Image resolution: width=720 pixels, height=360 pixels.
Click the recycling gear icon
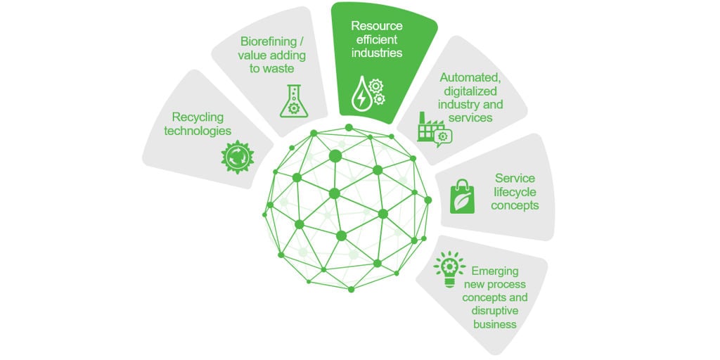[x=238, y=157]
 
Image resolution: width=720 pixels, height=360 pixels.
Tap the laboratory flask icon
[x=294, y=101]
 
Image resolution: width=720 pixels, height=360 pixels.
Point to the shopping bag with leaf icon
[x=463, y=197]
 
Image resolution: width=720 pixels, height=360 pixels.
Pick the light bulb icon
[x=449, y=269]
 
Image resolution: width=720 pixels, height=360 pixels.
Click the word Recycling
[x=198, y=117]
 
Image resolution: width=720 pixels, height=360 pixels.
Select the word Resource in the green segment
[x=377, y=25]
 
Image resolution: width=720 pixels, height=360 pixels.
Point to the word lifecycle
[x=515, y=191]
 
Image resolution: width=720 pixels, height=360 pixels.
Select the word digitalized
[x=470, y=91]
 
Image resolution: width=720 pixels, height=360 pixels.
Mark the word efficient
[x=374, y=39]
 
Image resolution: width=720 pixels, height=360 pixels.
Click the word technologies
[x=198, y=131]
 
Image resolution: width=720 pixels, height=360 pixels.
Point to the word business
[x=494, y=325]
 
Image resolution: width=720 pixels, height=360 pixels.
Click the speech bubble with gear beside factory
[x=443, y=138]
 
